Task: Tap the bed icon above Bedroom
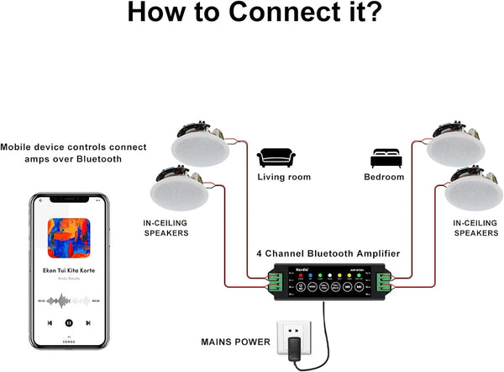coord(383,157)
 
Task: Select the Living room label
coord(284,178)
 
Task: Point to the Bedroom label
coord(384,178)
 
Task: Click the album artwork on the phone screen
coord(70,238)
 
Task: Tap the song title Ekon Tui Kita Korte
coord(71,271)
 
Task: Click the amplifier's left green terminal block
coord(276,282)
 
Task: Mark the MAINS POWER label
coord(236,343)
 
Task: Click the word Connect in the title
coord(252,13)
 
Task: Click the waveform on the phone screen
coord(70,299)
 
